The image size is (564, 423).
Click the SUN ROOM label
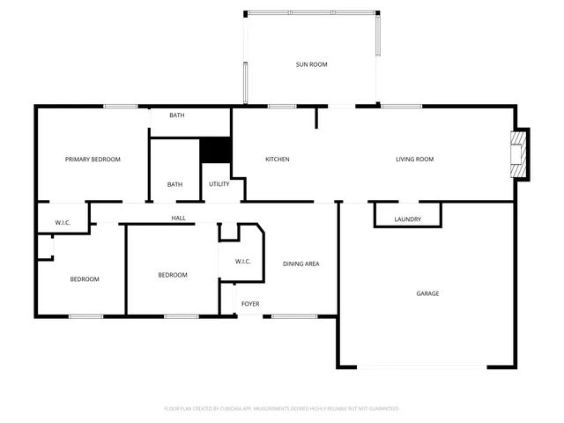pos(311,64)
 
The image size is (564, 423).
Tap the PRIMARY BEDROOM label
pos(93,160)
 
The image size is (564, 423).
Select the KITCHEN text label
pos(278,160)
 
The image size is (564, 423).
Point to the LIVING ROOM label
pos(414,160)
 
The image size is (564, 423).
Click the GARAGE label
pos(427,293)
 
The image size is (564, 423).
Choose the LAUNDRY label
pos(407,219)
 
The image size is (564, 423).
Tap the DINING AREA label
pos(301,264)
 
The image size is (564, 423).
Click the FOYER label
pos(250,304)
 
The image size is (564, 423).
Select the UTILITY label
pos(219,184)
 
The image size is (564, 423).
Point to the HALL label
pos(178,218)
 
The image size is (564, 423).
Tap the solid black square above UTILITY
pos(215,150)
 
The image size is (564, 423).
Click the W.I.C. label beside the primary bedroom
pos(63,223)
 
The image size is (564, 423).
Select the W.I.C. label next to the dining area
pos(243,262)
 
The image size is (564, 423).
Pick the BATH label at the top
pos(177,115)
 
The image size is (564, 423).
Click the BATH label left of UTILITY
pos(175,184)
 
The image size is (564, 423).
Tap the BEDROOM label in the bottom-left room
pos(85,279)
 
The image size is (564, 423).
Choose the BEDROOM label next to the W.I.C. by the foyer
pos(173,275)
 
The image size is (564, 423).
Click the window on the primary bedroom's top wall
pos(120,107)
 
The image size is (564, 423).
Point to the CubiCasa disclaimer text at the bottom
pos(282,409)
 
